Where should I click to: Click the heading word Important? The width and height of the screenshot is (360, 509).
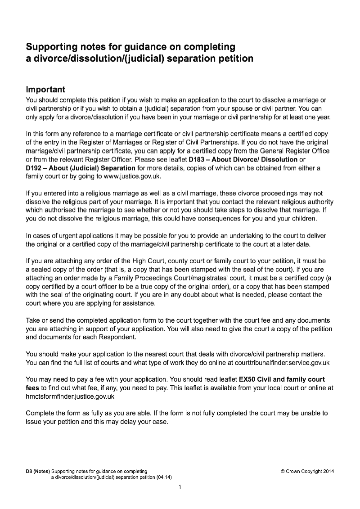point(45,89)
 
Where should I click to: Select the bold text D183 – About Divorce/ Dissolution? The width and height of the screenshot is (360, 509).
point(243,160)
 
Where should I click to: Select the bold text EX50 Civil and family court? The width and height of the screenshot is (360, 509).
point(282,379)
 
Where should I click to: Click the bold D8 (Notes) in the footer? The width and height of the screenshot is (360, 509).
point(38,471)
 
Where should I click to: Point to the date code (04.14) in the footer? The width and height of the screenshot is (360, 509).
point(164,477)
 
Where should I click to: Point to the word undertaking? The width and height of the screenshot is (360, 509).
point(225,236)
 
